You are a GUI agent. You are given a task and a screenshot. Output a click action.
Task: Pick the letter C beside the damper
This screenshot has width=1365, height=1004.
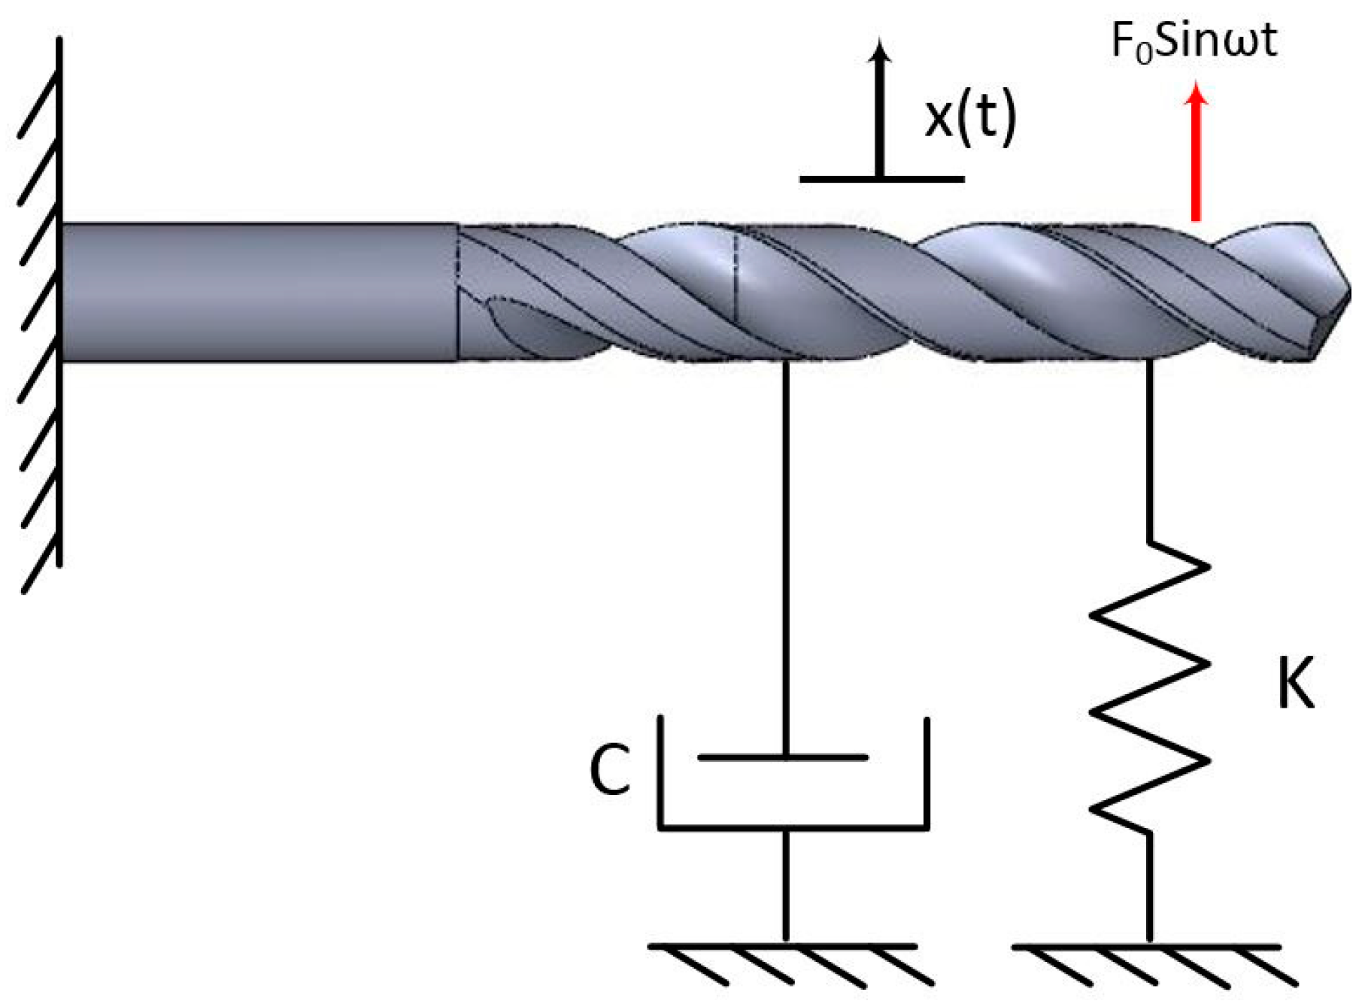(609, 771)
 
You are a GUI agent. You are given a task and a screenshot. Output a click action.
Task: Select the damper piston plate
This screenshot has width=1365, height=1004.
(784, 757)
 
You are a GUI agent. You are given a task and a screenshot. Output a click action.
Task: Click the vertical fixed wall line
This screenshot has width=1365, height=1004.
(59, 301)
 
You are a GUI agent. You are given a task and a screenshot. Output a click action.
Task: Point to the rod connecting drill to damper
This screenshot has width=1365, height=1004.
(786, 557)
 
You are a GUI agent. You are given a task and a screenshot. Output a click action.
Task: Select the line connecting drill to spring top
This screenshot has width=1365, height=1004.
(1149, 451)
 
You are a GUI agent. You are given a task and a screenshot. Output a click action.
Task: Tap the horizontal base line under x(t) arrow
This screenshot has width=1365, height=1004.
(881, 179)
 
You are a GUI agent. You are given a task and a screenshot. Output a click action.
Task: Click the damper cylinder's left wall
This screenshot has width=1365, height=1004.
(661, 771)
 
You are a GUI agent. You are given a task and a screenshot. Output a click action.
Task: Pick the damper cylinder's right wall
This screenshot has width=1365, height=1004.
(927, 771)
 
